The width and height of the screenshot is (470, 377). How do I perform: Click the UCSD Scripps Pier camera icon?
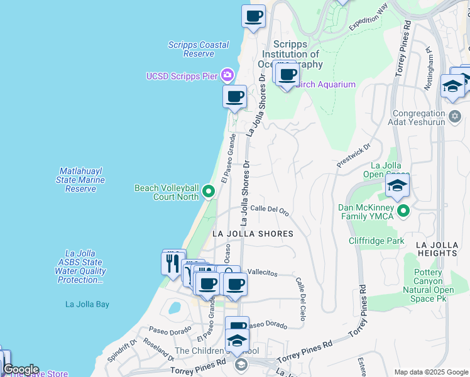pyautogui.click(x=227, y=76)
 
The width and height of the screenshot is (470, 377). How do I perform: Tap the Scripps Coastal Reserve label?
pyautogui.click(x=192, y=49)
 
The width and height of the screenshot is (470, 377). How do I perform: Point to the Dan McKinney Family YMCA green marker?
pyautogui.click(x=403, y=212)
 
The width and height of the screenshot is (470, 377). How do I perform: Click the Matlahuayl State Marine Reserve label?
pyautogui.click(x=80, y=180)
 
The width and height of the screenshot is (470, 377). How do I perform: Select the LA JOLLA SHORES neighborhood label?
pyautogui.click(x=253, y=233)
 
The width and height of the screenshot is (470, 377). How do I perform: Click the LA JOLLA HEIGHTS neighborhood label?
pyautogui.click(x=445, y=248)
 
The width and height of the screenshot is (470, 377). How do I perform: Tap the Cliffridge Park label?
pyautogui.click(x=377, y=241)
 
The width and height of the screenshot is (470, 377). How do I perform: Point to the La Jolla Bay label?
pyautogui.click(x=87, y=304)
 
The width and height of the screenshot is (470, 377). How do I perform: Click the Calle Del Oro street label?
pyautogui.click(x=270, y=212)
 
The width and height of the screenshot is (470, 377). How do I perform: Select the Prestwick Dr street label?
pyautogui.click(x=349, y=161)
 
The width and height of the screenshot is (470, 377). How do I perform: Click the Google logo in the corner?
pyautogui.click(x=20, y=369)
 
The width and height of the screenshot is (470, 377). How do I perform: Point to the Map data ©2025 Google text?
pyautogui.click(x=430, y=372)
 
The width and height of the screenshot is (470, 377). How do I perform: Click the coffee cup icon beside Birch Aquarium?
pyautogui.click(x=287, y=75)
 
